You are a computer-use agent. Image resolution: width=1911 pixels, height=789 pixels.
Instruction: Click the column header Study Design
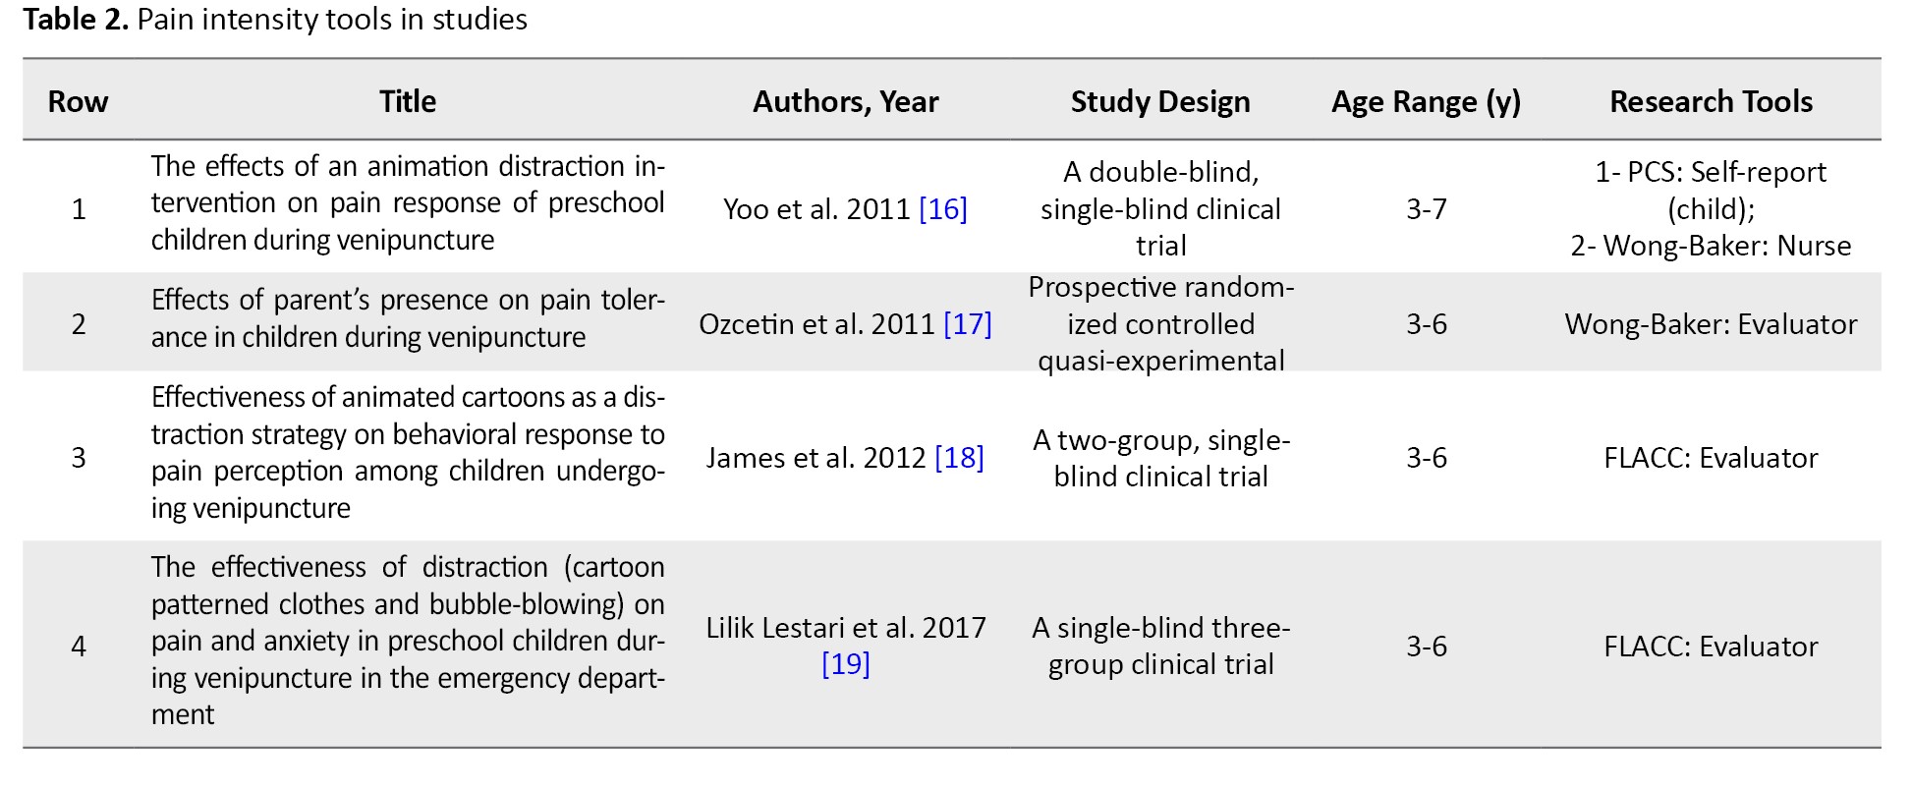click(1160, 101)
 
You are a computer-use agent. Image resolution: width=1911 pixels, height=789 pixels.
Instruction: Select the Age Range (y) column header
click(1426, 102)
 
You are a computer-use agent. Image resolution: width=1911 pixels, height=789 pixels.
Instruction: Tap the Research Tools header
click(1711, 101)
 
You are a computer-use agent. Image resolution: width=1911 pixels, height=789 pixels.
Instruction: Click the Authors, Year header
click(846, 102)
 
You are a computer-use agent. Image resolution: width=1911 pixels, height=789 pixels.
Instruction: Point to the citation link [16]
click(943, 209)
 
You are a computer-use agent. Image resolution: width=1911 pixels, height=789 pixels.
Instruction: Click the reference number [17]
click(968, 324)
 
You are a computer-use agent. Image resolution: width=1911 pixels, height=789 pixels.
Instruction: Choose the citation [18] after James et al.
click(959, 458)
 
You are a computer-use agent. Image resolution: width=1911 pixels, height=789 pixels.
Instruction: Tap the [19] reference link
click(846, 664)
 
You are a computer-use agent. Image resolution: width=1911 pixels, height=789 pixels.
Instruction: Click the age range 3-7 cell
click(1427, 209)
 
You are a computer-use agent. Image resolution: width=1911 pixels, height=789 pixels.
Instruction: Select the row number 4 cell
click(79, 647)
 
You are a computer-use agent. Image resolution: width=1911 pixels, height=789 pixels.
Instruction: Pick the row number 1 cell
click(79, 209)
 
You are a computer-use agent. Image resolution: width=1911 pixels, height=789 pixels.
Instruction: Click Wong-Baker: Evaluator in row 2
click(1711, 324)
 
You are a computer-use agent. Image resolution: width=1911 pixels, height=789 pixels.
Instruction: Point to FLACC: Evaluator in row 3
click(1711, 458)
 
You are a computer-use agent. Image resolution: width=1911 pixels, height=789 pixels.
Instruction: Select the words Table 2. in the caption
click(76, 20)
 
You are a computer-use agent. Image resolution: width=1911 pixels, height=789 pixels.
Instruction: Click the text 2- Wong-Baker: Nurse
click(1711, 246)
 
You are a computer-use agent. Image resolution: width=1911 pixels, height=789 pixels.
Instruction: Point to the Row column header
click(79, 102)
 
